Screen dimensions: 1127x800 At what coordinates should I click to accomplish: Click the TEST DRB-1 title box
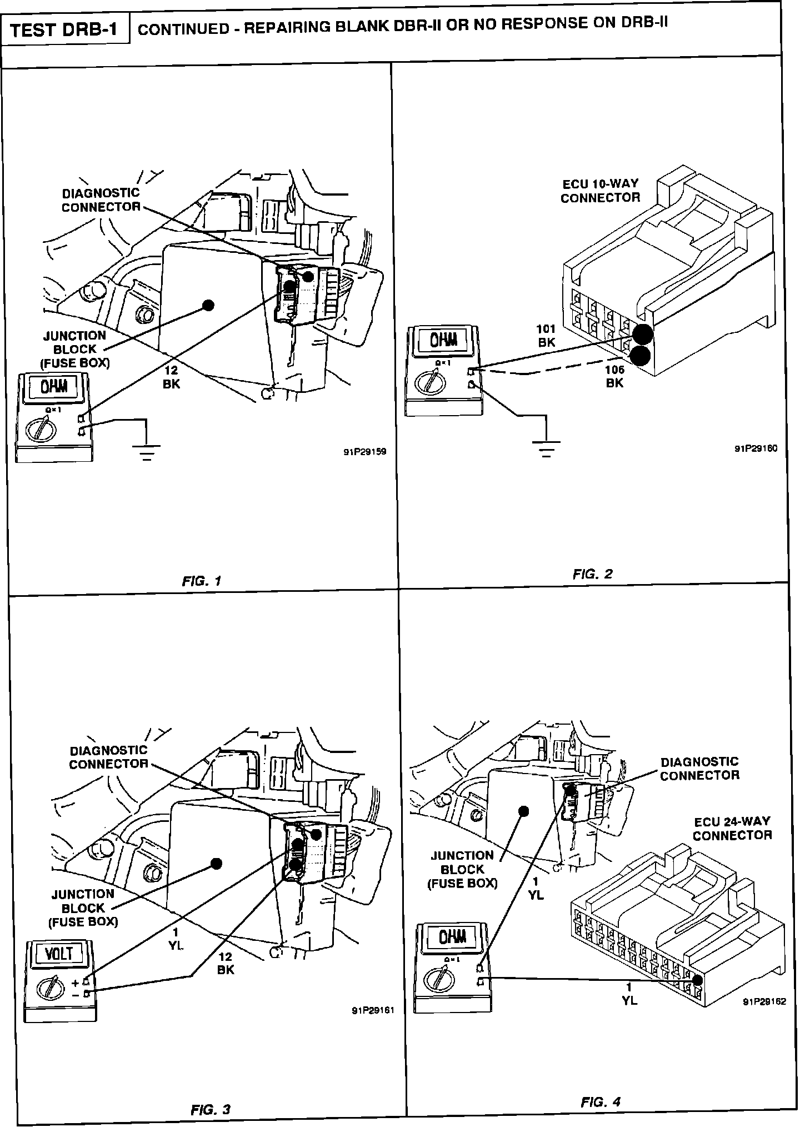(64, 29)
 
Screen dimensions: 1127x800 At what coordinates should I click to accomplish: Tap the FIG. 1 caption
(202, 581)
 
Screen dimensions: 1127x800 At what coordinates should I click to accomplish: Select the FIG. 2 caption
(592, 574)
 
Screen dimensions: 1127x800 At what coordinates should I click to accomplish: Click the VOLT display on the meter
(58, 954)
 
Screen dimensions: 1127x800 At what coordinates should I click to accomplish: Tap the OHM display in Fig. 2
(444, 340)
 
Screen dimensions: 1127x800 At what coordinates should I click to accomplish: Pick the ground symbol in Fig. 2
(546, 448)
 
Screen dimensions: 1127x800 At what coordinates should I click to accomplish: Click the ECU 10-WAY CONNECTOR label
(600, 191)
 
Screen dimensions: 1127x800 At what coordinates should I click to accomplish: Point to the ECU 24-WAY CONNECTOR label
(732, 828)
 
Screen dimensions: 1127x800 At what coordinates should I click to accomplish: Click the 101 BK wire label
(547, 336)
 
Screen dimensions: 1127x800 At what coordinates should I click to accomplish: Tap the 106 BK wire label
(614, 376)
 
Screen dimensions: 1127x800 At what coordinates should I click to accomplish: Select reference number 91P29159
(364, 452)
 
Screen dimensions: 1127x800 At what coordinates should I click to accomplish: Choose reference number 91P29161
(372, 1010)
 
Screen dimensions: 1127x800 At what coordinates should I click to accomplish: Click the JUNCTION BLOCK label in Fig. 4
(462, 869)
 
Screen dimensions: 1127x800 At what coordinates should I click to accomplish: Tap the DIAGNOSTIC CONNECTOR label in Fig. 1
(101, 200)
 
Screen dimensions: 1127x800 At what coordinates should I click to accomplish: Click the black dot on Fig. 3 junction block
(217, 863)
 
